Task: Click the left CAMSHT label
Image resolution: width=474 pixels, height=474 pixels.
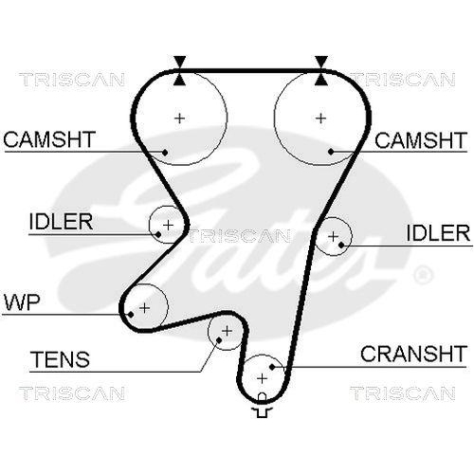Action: click(x=49, y=140)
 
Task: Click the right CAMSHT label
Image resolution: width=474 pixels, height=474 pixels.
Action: click(x=421, y=140)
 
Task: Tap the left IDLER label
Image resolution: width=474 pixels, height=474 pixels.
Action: click(x=60, y=222)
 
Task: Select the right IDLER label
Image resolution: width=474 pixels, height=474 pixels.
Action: click(x=438, y=232)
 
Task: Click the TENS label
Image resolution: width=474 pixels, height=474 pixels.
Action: click(x=60, y=360)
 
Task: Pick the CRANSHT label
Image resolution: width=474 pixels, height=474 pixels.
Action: click(x=413, y=355)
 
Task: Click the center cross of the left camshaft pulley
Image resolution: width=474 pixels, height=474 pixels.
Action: click(x=179, y=118)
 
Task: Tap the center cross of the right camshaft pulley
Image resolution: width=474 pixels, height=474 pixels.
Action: click(x=320, y=118)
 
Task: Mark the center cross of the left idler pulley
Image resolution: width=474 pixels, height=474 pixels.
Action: click(x=168, y=225)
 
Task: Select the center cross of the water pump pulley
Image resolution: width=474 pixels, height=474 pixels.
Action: click(x=144, y=307)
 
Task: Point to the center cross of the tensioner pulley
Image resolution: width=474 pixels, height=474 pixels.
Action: click(x=226, y=331)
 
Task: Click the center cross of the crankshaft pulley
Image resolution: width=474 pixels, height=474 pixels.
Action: click(x=261, y=377)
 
